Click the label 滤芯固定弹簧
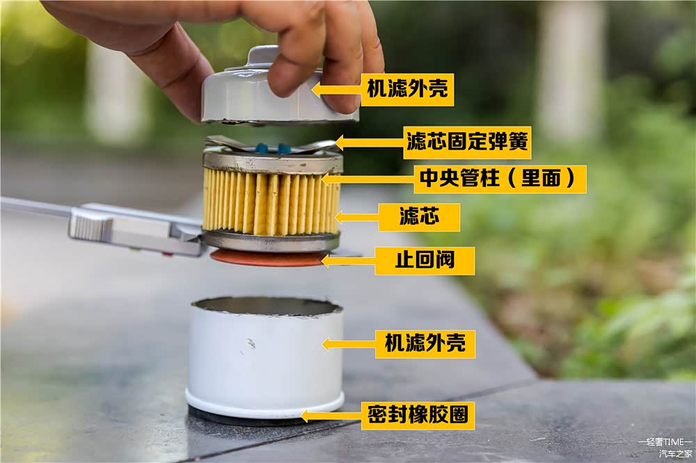tap(468, 143)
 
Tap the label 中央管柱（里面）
tap(500, 179)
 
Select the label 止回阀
tap(425, 260)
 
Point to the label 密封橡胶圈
tap(418, 416)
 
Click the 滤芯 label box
tap(419, 217)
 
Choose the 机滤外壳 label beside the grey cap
tap(407, 90)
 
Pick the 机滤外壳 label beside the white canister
tap(425, 343)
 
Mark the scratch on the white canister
tap(251, 343)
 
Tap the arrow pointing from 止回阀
tap(349, 260)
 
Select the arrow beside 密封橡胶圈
tap(331, 416)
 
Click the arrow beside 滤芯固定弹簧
tap(370, 143)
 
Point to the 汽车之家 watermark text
tap(675, 454)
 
